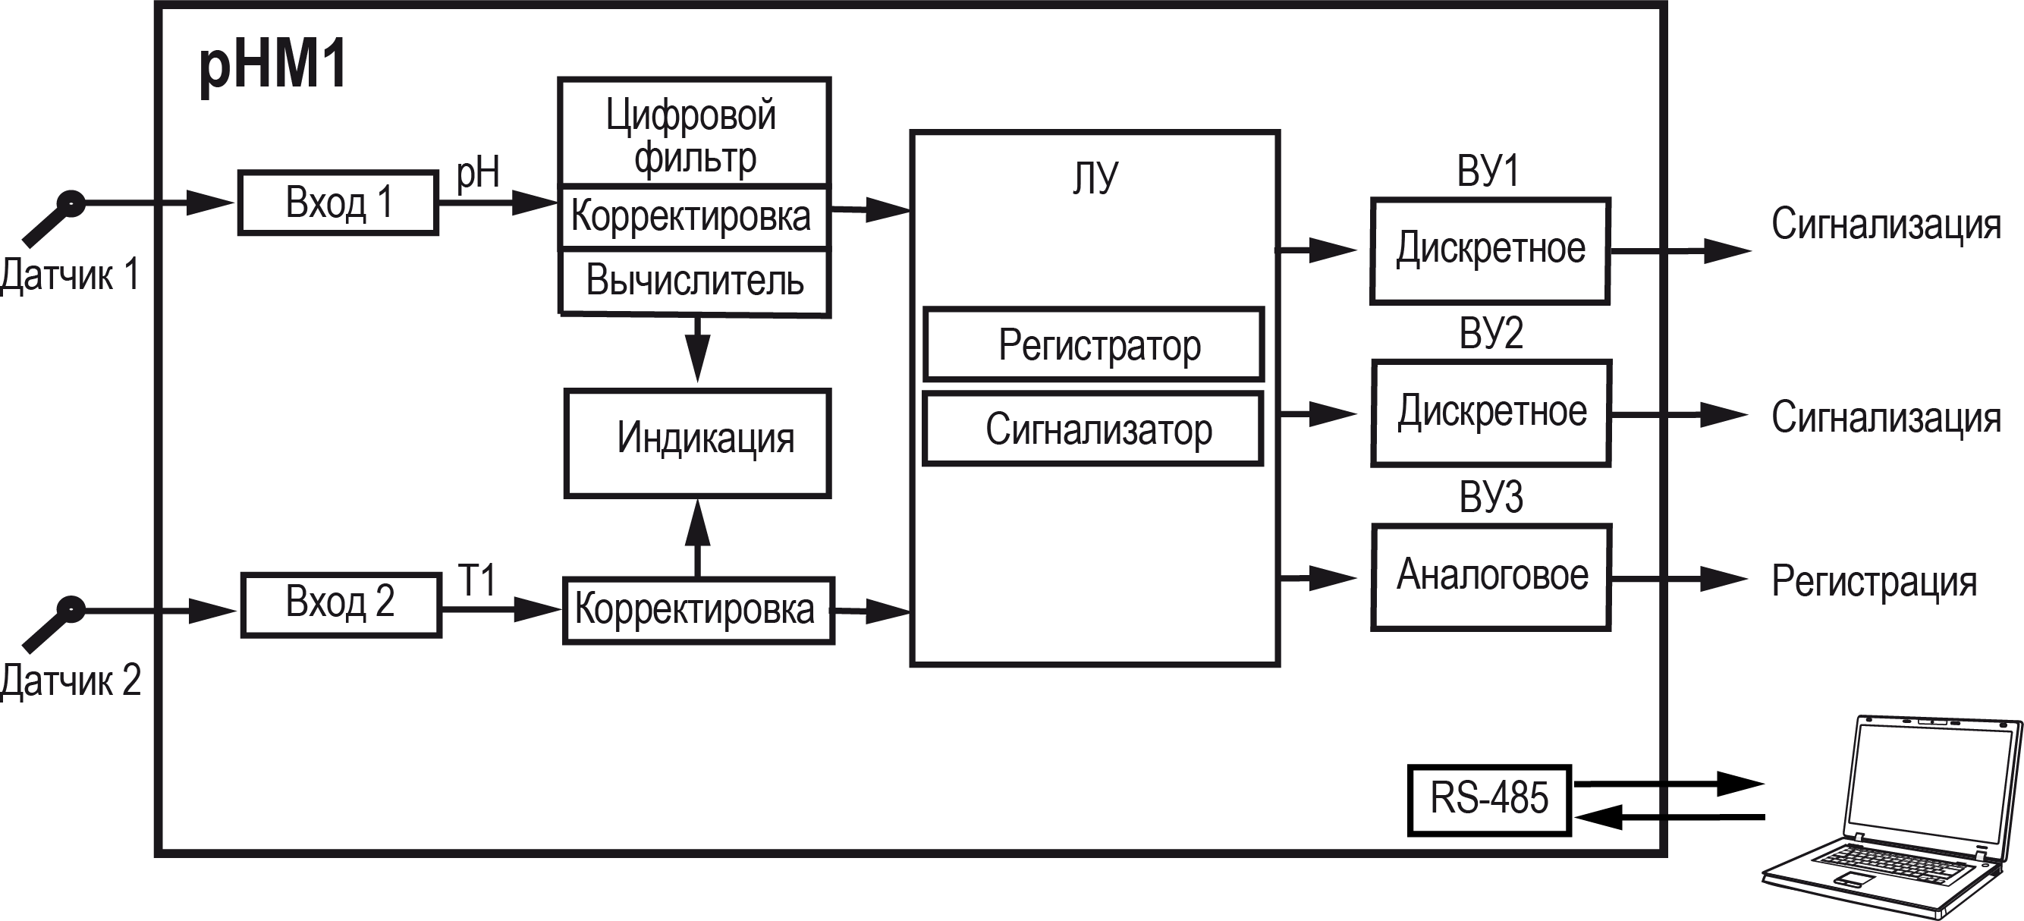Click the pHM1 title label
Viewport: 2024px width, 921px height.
pos(272,66)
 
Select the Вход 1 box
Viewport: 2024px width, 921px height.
pos(338,203)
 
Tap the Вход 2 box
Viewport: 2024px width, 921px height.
pos(340,604)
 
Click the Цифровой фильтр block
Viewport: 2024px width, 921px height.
pos(693,134)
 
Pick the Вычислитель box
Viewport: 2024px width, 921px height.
pos(695,281)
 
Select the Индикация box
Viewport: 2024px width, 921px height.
pos(698,442)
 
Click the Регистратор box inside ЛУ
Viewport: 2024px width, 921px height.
pos(1094,344)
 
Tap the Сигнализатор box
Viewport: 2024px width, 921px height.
pos(1094,430)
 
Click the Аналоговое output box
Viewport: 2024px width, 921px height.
pos(1491,576)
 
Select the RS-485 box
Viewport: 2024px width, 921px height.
pos(1489,800)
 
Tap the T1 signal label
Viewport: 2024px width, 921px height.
pos(478,580)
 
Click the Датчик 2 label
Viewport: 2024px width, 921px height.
pos(71,681)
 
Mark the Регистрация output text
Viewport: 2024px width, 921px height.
pos(1873,583)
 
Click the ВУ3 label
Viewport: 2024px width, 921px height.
pos(1491,497)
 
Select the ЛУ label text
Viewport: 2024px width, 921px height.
pos(1095,178)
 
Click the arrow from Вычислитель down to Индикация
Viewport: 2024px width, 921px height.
pos(697,350)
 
